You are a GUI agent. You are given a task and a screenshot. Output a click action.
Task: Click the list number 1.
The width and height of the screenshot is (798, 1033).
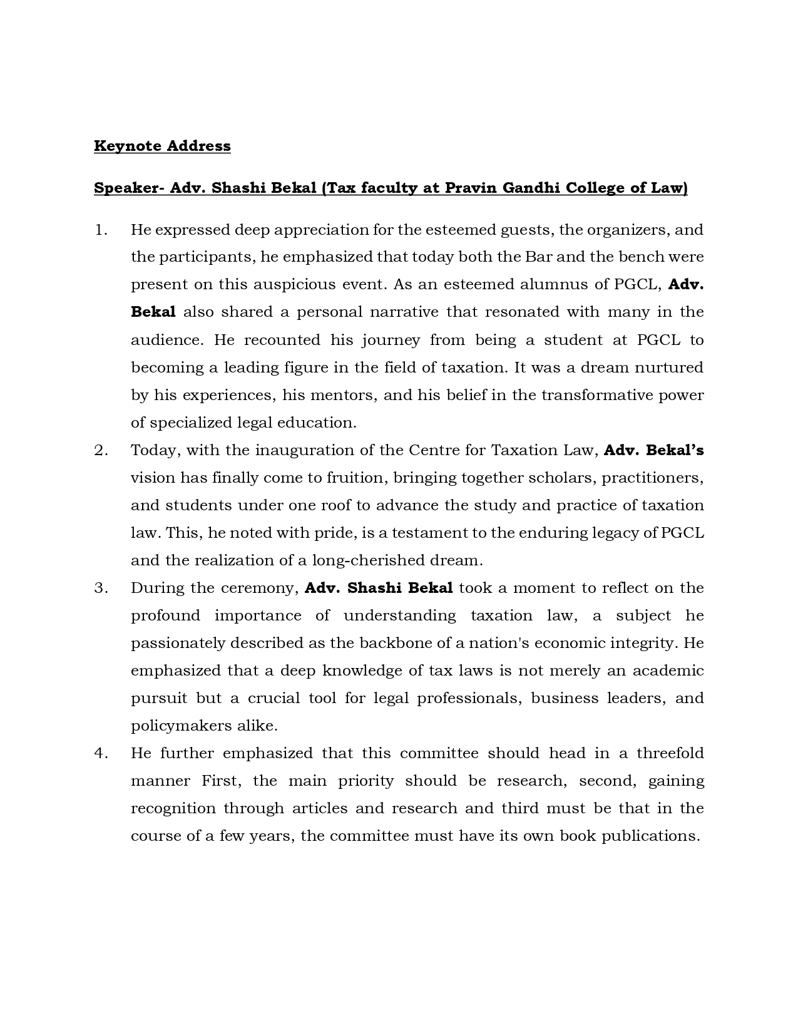coord(101,230)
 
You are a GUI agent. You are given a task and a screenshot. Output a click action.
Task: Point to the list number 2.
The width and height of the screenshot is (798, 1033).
coord(101,450)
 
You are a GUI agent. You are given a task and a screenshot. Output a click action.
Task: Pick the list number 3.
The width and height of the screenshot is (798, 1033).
coord(101,588)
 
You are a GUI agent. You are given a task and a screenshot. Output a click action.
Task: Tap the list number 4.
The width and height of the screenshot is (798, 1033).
coord(101,753)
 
